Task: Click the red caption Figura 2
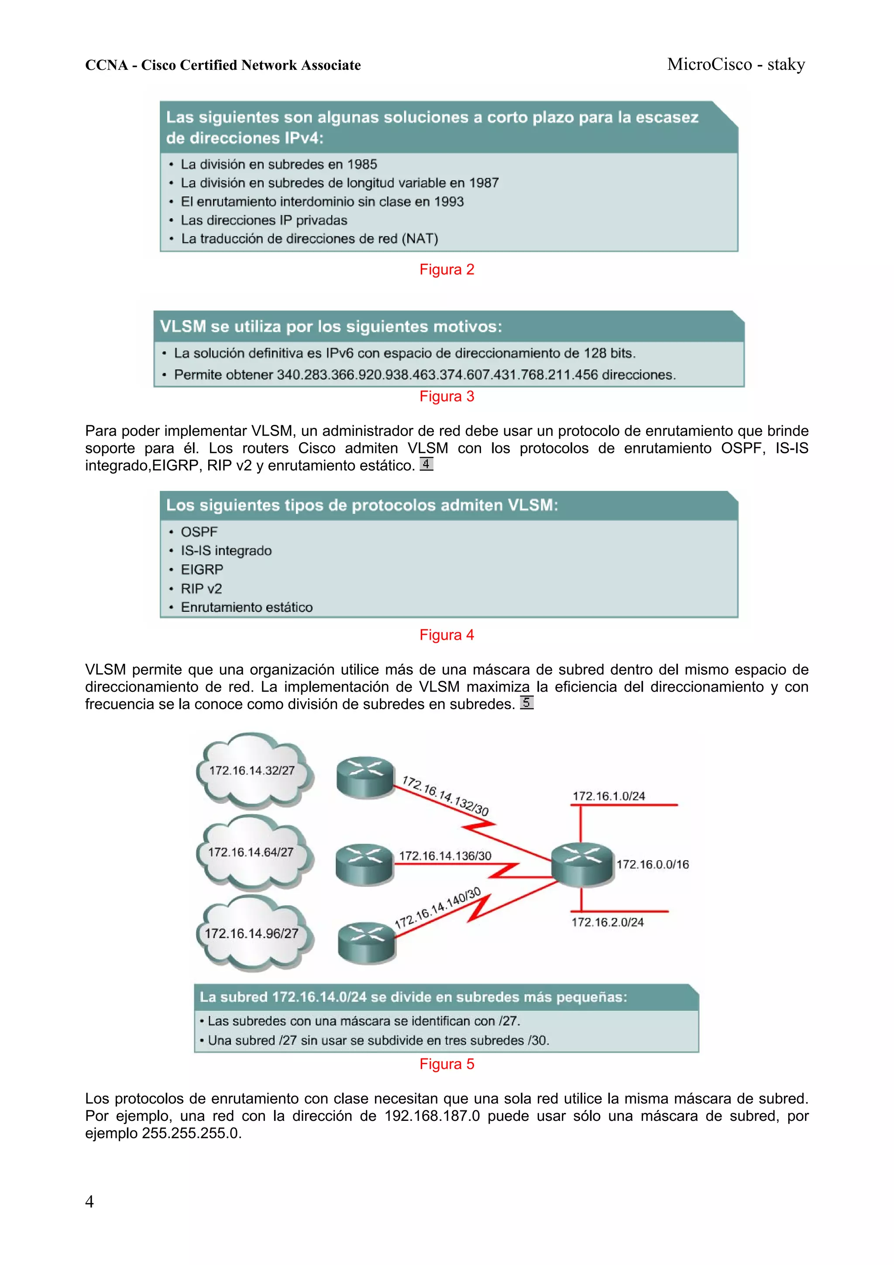(x=446, y=269)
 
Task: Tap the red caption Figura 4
(x=446, y=635)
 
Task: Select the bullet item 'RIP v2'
(x=201, y=589)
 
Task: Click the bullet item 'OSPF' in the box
(x=199, y=532)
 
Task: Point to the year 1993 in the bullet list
(x=448, y=202)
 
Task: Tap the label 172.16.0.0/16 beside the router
(x=652, y=865)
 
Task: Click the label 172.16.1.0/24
(x=609, y=796)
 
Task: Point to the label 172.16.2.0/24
(x=607, y=922)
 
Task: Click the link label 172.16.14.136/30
(x=445, y=856)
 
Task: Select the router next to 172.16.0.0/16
(x=582, y=864)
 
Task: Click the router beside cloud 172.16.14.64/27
(x=364, y=864)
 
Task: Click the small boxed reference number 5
(x=526, y=703)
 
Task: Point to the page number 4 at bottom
(x=89, y=1202)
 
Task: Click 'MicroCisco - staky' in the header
(x=736, y=65)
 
